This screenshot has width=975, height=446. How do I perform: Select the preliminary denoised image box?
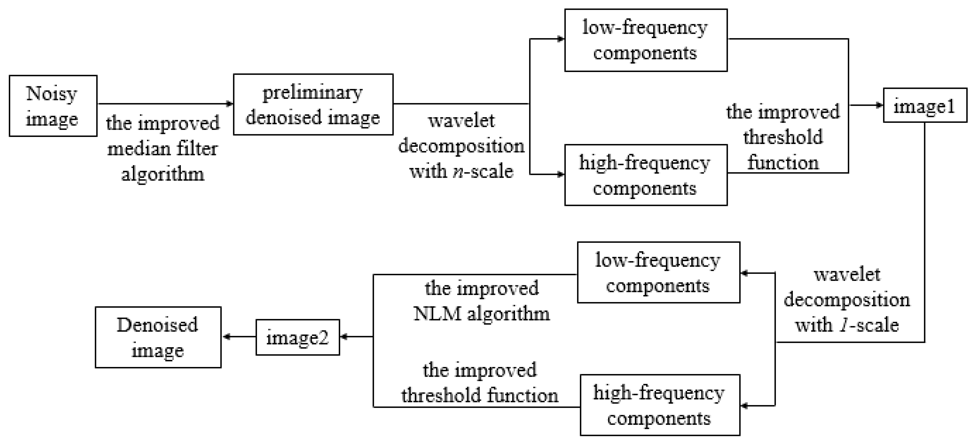pyautogui.click(x=313, y=104)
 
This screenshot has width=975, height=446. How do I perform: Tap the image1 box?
pyautogui.click(x=925, y=106)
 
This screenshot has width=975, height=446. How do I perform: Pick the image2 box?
pyautogui.click(x=298, y=337)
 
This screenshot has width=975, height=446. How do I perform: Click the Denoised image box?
pyautogui.click(x=158, y=337)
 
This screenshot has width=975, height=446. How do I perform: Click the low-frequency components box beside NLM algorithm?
pyautogui.click(x=658, y=272)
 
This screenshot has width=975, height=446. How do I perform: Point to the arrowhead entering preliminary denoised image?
pyautogui.click(x=229, y=104)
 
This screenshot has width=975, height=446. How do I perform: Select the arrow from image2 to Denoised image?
pyautogui.click(x=238, y=337)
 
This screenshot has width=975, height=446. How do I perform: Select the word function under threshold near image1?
pyautogui.click(x=783, y=163)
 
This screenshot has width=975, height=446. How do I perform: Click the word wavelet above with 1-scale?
pyautogui.click(x=847, y=274)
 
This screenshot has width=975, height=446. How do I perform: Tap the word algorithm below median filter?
pyautogui.click(x=163, y=175)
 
